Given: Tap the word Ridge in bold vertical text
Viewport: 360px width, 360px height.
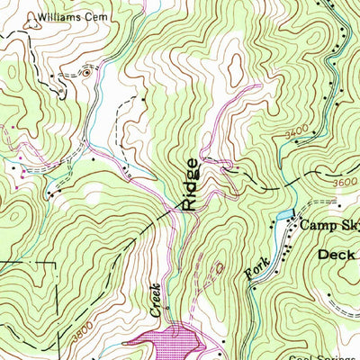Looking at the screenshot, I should click(191, 184).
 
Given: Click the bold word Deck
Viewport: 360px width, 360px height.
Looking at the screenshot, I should click(337, 256).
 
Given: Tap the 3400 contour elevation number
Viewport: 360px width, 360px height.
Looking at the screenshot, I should click(289, 131).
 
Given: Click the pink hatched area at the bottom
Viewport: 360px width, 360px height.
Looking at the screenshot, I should click(175, 343).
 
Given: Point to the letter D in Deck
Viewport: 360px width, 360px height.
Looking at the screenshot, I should click(325, 256).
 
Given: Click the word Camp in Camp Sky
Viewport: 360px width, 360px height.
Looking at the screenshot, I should click(317, 226).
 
